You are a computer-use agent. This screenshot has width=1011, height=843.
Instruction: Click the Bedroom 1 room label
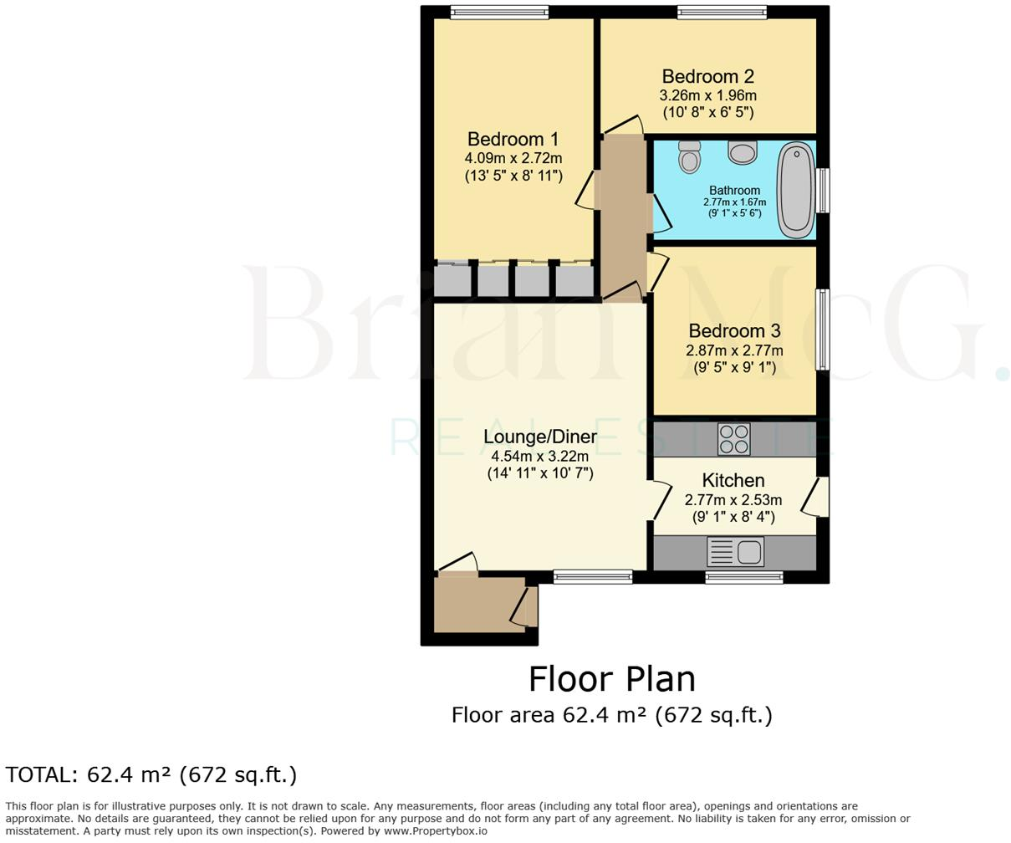513,140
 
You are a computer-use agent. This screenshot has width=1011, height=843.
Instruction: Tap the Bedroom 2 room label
707,77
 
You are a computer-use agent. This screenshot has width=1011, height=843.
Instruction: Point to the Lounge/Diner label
540,437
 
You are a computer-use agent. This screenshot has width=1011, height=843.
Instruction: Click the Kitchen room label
733,481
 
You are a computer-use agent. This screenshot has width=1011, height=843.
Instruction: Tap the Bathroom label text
734,190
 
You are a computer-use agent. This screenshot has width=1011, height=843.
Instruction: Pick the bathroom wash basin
742,152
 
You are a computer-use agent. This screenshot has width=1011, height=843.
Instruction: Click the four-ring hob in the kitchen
733,438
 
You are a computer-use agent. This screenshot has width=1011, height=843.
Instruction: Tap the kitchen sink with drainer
735,552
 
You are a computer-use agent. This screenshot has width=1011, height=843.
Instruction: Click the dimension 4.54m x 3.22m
539,456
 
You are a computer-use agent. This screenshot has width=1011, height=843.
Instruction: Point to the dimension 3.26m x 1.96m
707,95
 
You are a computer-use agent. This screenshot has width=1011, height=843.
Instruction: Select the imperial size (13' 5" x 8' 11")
513,176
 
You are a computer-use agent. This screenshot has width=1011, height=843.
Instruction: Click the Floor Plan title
611,679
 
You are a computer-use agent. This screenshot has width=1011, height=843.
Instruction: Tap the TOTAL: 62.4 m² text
151,775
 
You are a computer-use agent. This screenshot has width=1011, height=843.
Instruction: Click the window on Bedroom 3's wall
823,330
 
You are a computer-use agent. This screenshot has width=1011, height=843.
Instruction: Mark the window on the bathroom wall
824,191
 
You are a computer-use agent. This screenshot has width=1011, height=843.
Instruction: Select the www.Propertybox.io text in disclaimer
435,831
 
